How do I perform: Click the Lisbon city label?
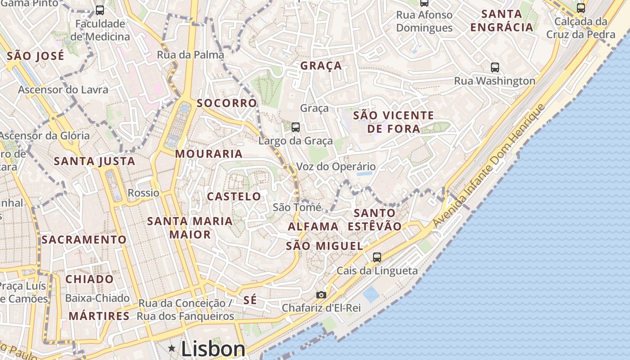[x=213, y=349]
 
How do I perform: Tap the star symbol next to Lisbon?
[x=171, y=348]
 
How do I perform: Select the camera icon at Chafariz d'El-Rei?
[x=321, y=295]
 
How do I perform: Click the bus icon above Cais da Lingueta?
[x=377, y=257]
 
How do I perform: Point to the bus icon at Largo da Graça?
[x=296, y=127]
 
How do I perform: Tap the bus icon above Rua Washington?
[x=495, y=67]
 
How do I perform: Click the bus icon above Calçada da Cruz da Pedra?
[x=581, y=8]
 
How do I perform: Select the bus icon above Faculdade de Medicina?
[x=100, y=10]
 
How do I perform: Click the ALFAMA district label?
[x=313, y=226]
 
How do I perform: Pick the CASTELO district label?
[x=234, y=196]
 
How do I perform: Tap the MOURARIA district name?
[x=209, y=154]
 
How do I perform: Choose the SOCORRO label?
[x=227, y=103]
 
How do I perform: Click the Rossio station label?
[x=144, y=193]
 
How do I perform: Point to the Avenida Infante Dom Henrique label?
[x=489, y=166]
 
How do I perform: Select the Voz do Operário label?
[x=336, y=166]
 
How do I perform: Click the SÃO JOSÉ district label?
[x=36, y=56]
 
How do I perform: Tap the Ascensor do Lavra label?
[x=63, y=90]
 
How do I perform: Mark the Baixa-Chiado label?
[x=97, y=298]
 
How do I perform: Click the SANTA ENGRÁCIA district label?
[x=502, y=20]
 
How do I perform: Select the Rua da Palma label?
[x=190, y=55]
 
